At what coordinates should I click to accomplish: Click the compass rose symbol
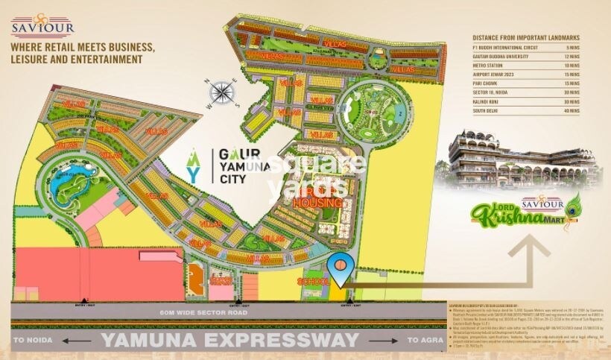coord(222,93)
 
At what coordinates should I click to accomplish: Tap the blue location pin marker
coord(340,269)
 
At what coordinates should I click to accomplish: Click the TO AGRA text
coord(424,340)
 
